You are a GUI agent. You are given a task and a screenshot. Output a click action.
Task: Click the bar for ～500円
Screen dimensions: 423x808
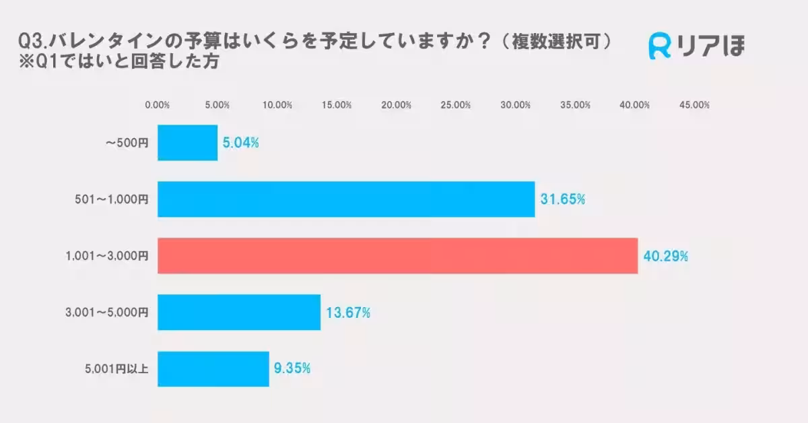click(x=187, y=143)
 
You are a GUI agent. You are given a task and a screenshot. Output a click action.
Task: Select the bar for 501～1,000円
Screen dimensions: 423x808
click(x=346, y=199)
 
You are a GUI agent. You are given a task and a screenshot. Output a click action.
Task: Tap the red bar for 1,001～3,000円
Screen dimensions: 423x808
click(x=397, y=256)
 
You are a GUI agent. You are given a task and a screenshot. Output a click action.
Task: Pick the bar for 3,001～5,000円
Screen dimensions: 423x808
click(x=239, y=313)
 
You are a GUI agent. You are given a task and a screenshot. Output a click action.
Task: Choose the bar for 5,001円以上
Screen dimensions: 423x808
click(x=213, y=369)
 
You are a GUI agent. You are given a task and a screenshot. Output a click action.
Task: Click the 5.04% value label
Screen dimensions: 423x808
click(x=241, y=143)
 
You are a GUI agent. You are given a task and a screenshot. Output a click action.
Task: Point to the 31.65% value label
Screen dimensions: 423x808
click(x=562, y=200)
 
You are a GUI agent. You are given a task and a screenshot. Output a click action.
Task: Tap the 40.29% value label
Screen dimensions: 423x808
click(x=665, y=257)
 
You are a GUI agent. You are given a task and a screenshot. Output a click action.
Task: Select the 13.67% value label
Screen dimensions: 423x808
click(x=348, y=313)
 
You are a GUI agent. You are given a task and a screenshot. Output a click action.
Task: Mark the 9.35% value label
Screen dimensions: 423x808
click(x=292, y=368)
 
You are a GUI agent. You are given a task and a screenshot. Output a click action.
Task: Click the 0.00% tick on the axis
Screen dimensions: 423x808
click(x=158, y=105)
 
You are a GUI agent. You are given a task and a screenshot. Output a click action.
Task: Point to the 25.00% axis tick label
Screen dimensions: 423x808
click(x=456, y=105)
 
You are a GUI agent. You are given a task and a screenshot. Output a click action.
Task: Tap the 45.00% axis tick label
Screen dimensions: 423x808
click(x=694, y=105)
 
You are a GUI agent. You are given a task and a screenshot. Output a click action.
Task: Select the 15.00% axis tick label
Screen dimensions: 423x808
click(x=337, y=105)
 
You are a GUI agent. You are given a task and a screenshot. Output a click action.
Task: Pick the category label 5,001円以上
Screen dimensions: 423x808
click(x=116, y=369)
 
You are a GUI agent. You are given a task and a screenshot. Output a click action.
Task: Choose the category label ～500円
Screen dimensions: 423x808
click(x=127, y=143)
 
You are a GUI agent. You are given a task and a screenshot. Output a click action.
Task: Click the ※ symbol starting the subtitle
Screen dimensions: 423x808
click(x=27, y=62)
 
